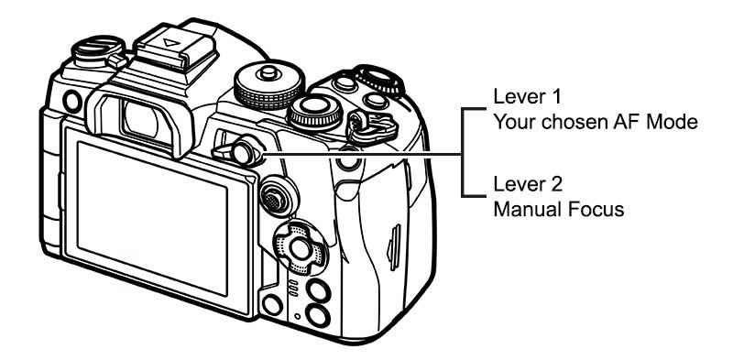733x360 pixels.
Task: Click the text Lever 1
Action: click(x=527, y=96)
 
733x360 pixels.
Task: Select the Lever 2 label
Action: click(x=528, y=184)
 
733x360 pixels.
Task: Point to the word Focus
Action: click(x=596, y=209)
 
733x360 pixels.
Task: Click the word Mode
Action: click(x=671, y=122)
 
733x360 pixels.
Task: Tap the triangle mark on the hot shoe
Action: click(x=171, y=43)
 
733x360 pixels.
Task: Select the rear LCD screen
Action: click(x=152, y=219)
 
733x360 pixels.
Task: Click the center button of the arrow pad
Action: click(x=300, y=248)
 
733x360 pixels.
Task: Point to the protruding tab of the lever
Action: click(x=221, y=150)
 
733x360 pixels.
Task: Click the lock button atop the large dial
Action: click(x=268, y=72)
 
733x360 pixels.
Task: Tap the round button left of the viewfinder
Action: click(x=72, y=102)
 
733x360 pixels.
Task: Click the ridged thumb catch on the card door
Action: click(x=394, y=247)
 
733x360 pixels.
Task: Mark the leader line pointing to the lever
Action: click(x=362, y=154)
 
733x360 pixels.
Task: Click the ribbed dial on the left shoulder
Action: click(x=99, y=52)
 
